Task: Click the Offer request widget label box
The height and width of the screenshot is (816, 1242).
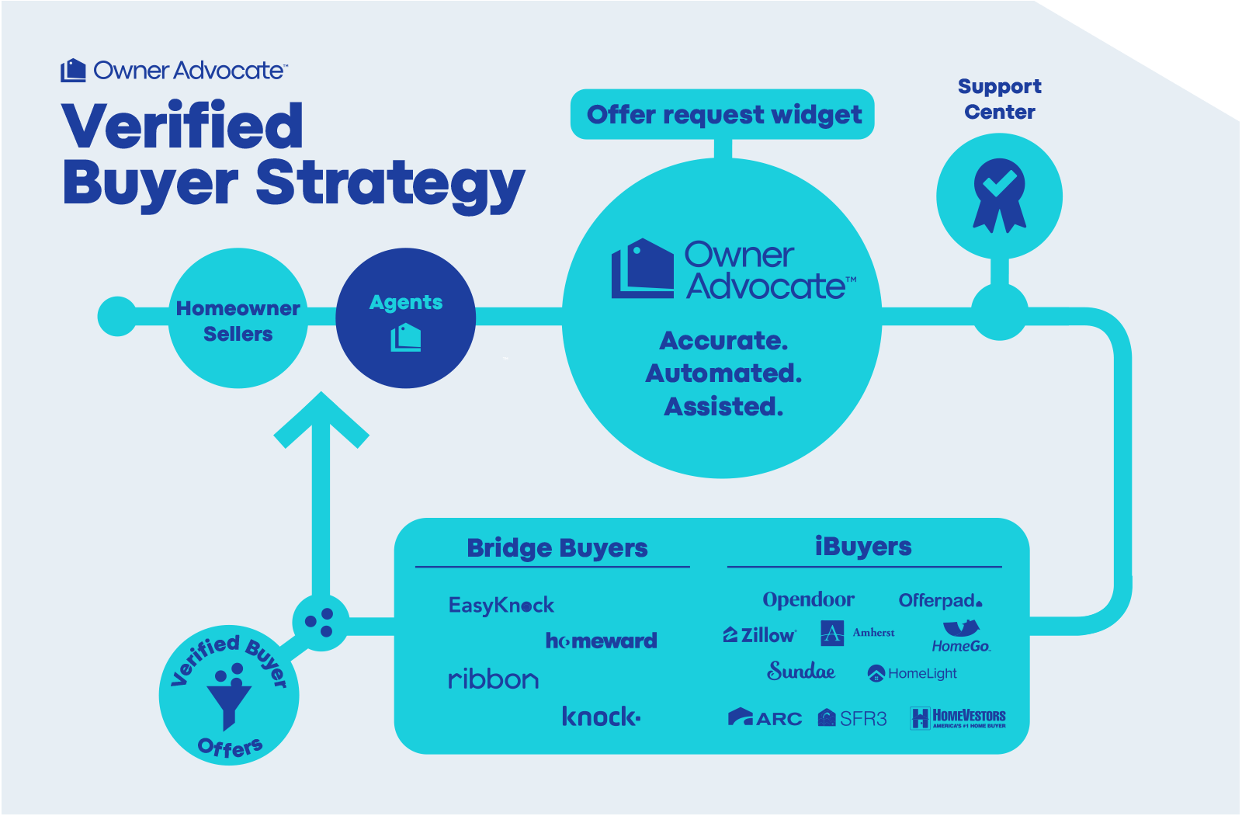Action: pyautogui.click(x=723, y=115)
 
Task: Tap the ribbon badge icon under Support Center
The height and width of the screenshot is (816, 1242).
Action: pyautogui.click(x=999, y=195)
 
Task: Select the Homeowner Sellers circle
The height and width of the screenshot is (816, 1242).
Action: pyautogui.click(x=238, y=318)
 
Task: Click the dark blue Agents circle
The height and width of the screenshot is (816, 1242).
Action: pyautogui.click(x=406, y=318)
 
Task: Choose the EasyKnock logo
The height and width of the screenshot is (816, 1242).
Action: pyautogui.click(x=501, y=605)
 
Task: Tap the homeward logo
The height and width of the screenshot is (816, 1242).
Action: pyautogui.click(x=602, y=641)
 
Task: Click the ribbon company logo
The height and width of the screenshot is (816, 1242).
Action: pyautogui.click(x=494, y=679)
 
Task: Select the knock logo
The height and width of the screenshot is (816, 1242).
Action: pyautogui.click(x=602, y=717)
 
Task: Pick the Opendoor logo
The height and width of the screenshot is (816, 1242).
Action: pyautogui.click(x=808, y=599)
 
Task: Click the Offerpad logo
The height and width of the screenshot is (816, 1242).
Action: pyautogui.click(x=940, y=600)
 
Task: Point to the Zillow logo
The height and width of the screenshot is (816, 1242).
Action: pyautogui.click(x=760, y=635)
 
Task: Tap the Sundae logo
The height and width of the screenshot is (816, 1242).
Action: pyautogui.click(x=801, y=671)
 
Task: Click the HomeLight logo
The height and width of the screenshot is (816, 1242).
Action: pyautogui.click(x=912, y=673)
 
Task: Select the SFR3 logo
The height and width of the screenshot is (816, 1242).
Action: pyautogui.click(x=852, y=718)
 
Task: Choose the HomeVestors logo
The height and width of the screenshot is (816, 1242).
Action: pyautogui.click(x=959, y=718)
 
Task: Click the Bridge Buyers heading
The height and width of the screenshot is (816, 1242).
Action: pyautogui.click(x=557, y=548)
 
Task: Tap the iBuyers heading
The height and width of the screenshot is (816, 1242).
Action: pyautogui.click(x=863, y=547)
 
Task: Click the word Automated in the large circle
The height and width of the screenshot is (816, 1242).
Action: pyautogui.click(x=723, y=373)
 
